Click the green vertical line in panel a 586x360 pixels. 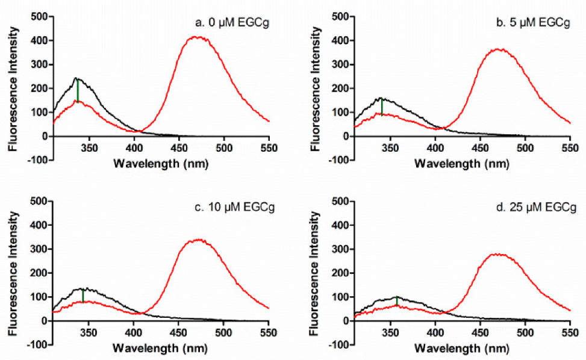78,90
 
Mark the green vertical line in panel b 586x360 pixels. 382,107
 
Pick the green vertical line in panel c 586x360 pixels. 83,296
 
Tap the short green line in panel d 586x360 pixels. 396,301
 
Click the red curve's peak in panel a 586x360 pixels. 197,37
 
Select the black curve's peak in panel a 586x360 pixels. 76,78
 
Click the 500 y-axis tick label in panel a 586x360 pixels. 41,16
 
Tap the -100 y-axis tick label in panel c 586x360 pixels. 39,345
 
